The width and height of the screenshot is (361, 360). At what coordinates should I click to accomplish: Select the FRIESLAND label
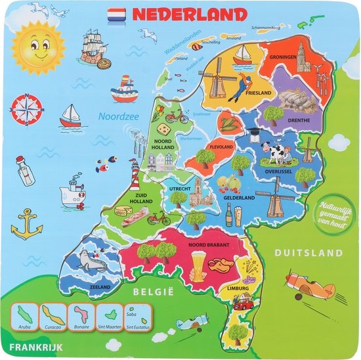click(259, 93)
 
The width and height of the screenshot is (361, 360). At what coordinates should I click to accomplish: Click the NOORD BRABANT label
click(209, 245)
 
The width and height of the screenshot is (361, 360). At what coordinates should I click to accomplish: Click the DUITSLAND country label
click(308, 253)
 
